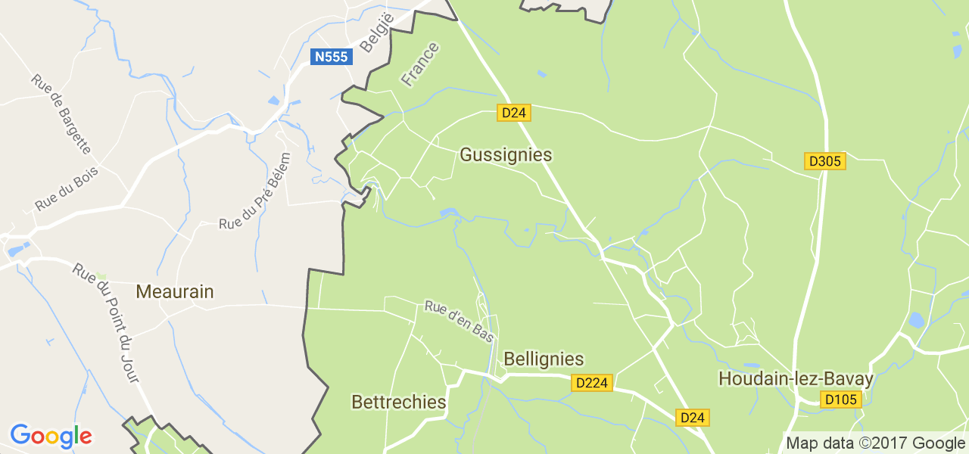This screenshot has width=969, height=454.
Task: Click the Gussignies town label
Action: [x=506, y=155]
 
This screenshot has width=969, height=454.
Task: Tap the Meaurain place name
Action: [x=175, y=291]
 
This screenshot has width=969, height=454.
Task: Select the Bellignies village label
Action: [x=544, y=359]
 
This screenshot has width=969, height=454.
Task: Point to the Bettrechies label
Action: [x=399, y=402]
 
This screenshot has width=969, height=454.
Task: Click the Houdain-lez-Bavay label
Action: [x=796, y=378]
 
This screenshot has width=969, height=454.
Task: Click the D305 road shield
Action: [x=824, y=161]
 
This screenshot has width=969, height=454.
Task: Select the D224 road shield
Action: [x=591, y=383]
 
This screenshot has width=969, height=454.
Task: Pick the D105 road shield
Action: [x=841, y=399]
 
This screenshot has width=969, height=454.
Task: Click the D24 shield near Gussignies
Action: [x=514, y=113]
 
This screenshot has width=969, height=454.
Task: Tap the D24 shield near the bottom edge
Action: [x=693, y=417]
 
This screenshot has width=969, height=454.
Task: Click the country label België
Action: [x=377, y=34]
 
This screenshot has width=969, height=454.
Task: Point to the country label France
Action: [x=420, y=64]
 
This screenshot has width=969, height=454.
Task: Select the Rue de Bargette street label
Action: [x=61, y=113]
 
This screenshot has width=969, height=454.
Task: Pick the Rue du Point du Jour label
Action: [x=107, y=322]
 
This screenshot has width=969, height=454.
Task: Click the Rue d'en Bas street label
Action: [x=460, y=321]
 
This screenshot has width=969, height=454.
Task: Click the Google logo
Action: [x=51, y=437]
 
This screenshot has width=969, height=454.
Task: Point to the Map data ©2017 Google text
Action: [x=874, y=443]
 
